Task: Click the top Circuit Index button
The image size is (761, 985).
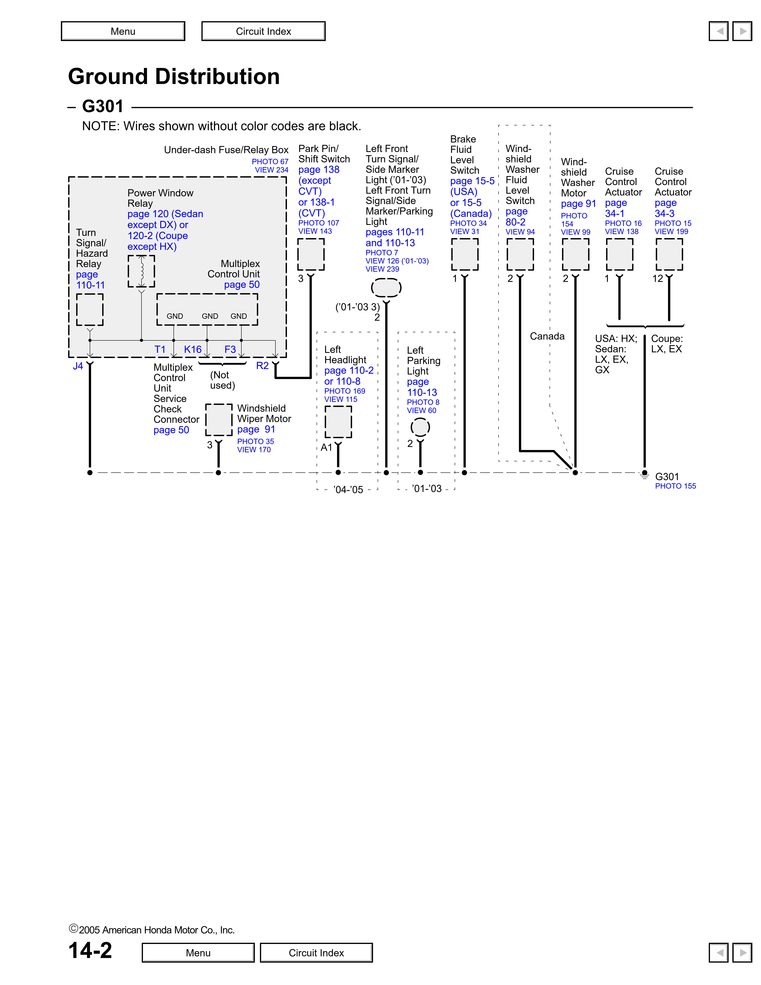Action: (x=263, y=31)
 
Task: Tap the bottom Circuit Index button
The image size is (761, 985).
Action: (x=316, y=952)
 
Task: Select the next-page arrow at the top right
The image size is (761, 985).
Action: (x=742, y=31)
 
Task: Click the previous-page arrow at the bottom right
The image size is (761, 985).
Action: (x=719, y=952)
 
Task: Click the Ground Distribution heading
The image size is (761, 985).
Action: (x=174, y=76)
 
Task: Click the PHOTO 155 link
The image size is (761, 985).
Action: (x=675, y=486)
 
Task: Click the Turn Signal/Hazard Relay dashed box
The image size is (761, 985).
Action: (x=90, y=309)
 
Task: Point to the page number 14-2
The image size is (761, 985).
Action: (x=90, y=950)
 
